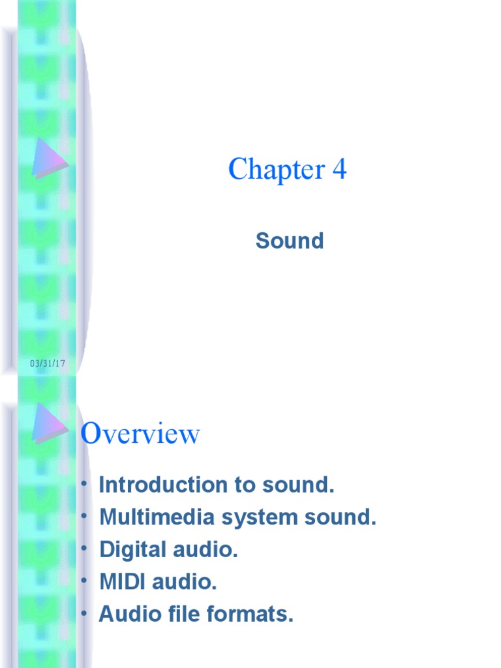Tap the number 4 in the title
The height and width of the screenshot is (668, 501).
tap(339, 170)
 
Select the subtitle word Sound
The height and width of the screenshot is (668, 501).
tap(290, 241)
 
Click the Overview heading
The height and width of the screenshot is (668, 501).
tap(140, 434)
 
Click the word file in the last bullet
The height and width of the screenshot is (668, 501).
tap(196, 614)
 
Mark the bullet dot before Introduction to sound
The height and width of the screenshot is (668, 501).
tap(85, 484)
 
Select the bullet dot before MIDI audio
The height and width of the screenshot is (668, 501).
tap(85, 581)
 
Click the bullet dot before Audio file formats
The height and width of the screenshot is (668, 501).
tap(85, 613)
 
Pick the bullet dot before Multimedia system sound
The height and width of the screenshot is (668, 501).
tap(85, 517)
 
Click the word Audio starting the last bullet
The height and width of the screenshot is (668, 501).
tap(130, 614)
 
